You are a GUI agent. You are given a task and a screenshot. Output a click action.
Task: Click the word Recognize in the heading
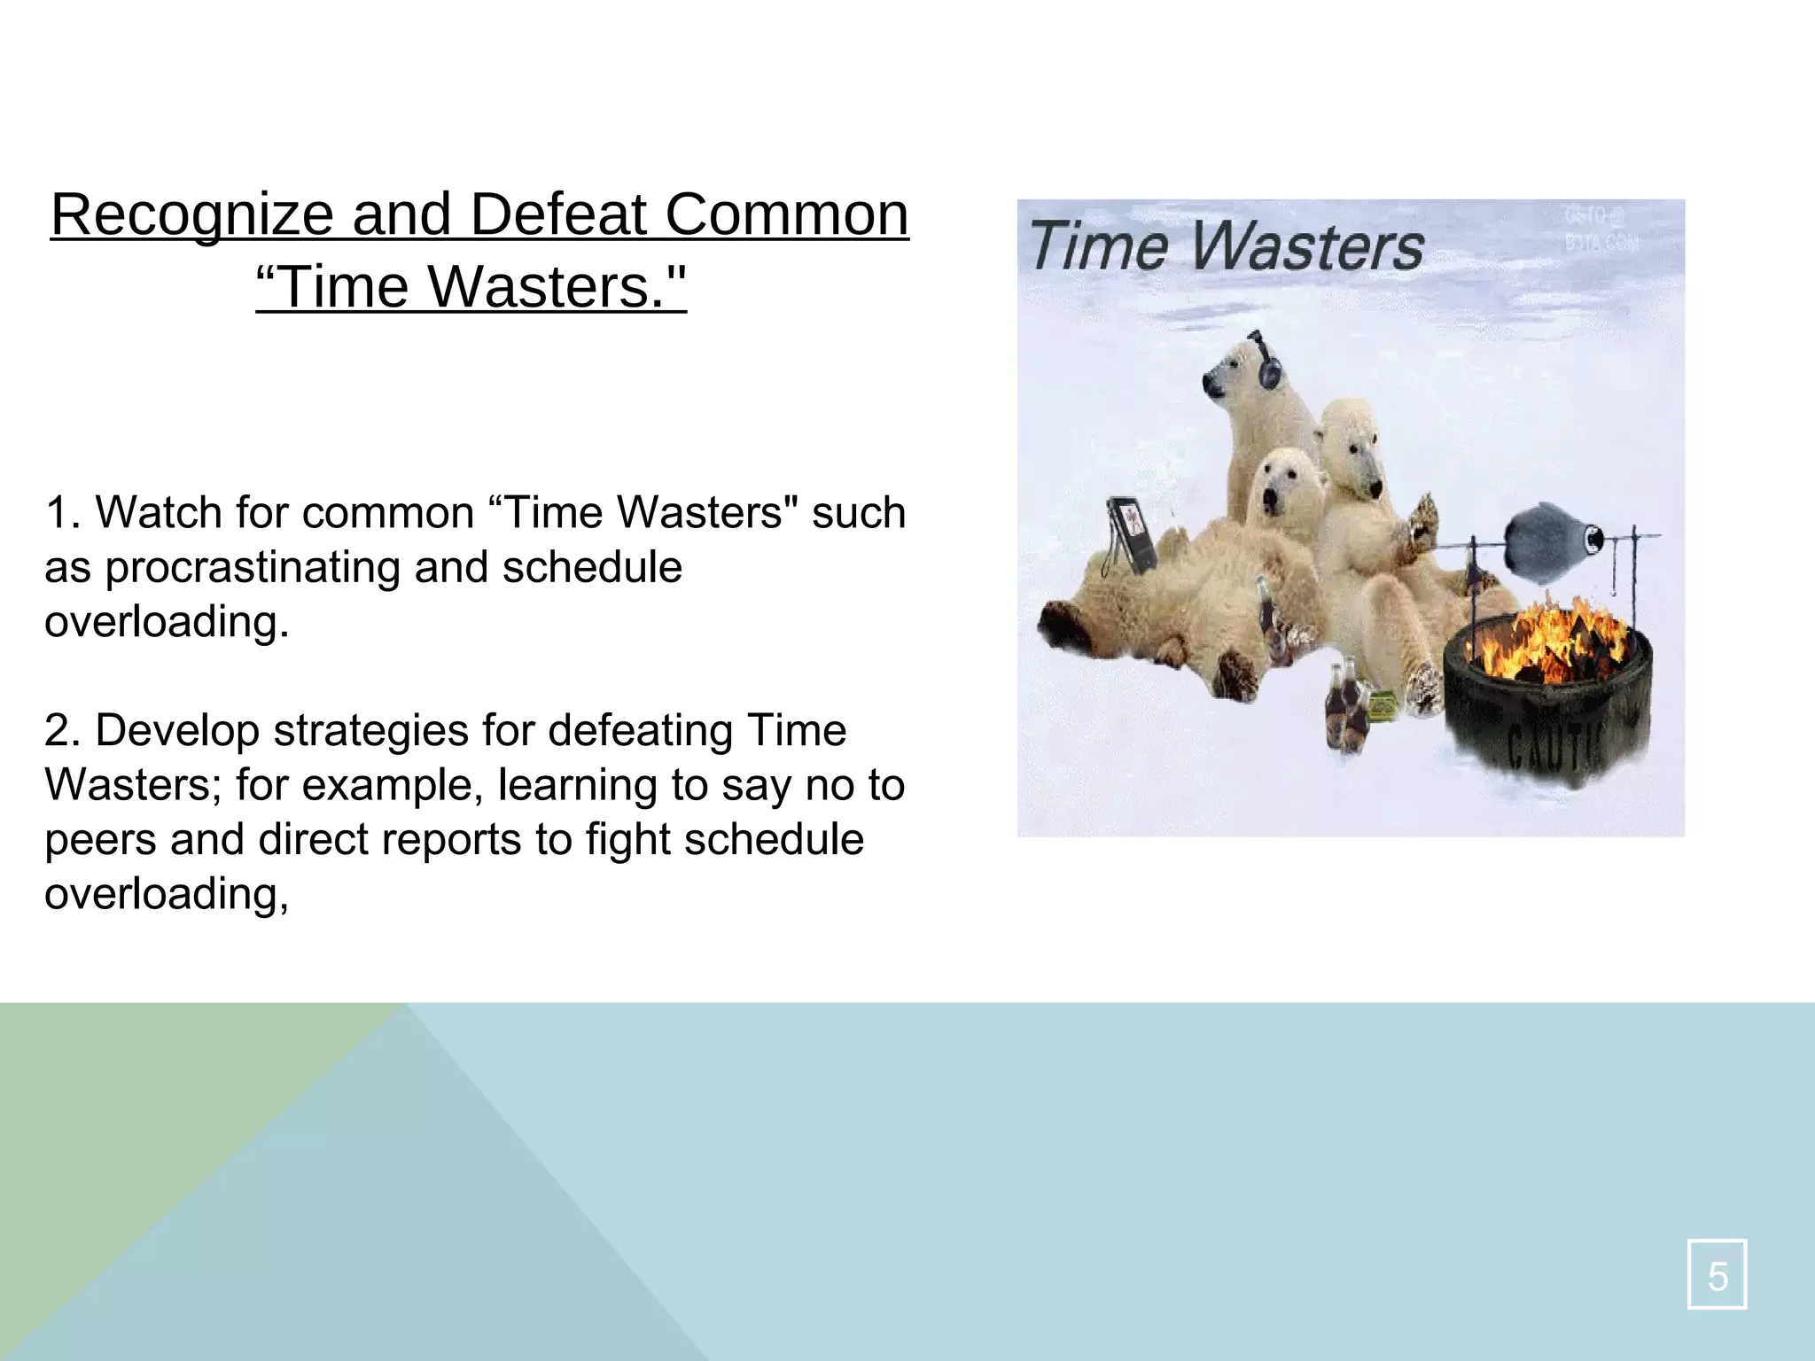(192, 215)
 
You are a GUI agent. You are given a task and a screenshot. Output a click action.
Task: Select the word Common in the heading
(787, 215)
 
